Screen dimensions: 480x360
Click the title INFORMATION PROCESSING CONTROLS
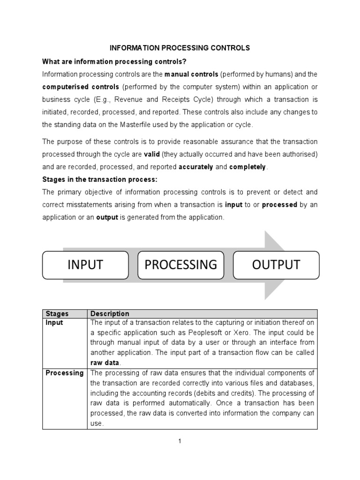180,48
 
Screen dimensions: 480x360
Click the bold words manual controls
191,75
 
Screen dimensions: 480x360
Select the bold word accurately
196,167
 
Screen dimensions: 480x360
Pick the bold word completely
247,167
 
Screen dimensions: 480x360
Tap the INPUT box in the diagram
85,265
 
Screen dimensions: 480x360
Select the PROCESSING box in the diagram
180,265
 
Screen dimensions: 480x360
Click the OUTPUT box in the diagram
276,265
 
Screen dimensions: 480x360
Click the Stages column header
56,314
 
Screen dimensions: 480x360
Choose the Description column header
110,314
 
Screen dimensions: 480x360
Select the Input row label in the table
54,322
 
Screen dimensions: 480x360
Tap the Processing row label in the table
65,373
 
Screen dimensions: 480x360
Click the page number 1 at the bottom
180,441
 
